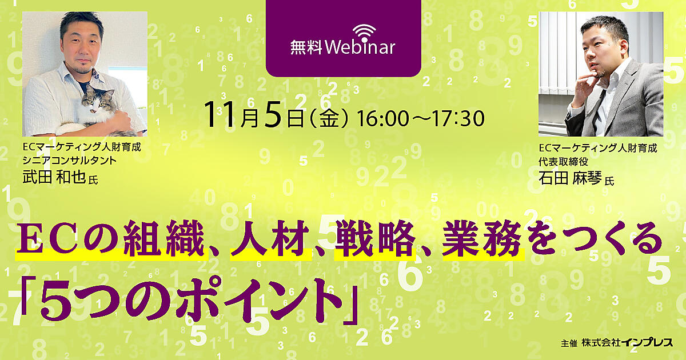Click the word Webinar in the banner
click(360, 47)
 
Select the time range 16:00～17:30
click(421, 119)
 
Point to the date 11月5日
click(254, 114)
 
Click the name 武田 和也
click(54, 177)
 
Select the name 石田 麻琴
click(571, 178)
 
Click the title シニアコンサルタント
click(70, 161)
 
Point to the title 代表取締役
click(564, 162)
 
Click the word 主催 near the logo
click(569, 343)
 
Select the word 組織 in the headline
click(165, 238)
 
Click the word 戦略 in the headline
click(375, 238)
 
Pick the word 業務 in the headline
click(482, 238)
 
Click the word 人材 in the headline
click(270, 238)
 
